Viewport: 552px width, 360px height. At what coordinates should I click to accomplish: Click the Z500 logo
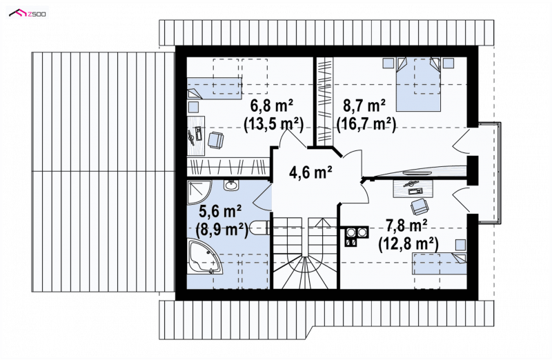pos(28,13)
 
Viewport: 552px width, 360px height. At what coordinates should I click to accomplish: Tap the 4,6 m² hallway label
pos(310,172)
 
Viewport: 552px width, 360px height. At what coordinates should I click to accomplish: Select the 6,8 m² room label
pos(272,106)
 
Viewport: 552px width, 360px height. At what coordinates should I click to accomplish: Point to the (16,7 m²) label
pos(366,123)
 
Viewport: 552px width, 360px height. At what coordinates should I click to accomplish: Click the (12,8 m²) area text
pos(408,244)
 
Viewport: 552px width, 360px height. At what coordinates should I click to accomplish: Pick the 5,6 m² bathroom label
pos(220,211)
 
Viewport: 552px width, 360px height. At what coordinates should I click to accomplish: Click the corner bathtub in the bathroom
pos(205,256)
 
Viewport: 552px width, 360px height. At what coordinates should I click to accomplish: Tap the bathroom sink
pos(231,185)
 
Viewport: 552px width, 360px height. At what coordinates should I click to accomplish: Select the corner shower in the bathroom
pos(199,192)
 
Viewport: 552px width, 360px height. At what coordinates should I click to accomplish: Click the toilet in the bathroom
pos(260,228)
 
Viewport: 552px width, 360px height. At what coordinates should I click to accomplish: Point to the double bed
pos(419,84)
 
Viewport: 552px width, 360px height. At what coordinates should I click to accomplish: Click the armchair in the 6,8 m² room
pos(216,140)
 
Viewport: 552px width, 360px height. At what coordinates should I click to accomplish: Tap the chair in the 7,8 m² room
pos(420,207)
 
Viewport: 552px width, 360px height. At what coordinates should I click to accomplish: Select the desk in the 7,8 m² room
pos(413,188)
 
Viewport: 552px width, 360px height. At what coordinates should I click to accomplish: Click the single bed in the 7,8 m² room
pos(440,263)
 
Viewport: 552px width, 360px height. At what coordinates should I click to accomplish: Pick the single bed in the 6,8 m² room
pos(214,88)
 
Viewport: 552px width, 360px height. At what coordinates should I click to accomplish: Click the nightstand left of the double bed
pos(388,63)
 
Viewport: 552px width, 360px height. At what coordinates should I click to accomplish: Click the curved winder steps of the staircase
pos(305,272)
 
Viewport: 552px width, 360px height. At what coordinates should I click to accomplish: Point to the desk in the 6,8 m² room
pos(195,135)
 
